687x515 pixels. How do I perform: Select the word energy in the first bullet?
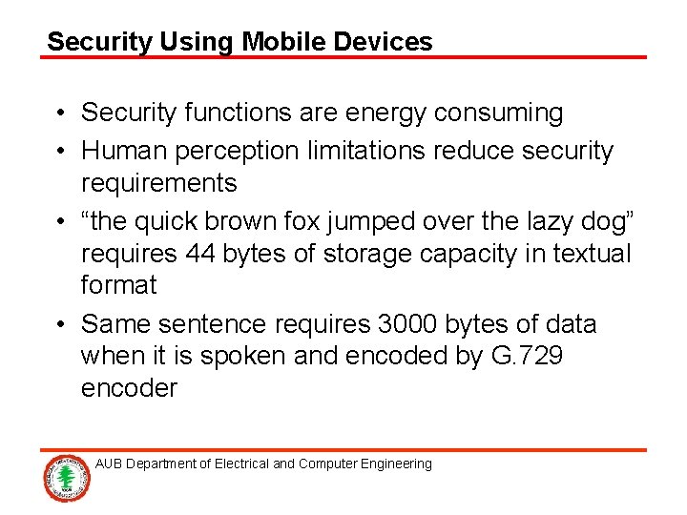[380, 113]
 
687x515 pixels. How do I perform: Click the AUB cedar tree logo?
[66, 478]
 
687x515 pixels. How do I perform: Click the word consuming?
[498, 113]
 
